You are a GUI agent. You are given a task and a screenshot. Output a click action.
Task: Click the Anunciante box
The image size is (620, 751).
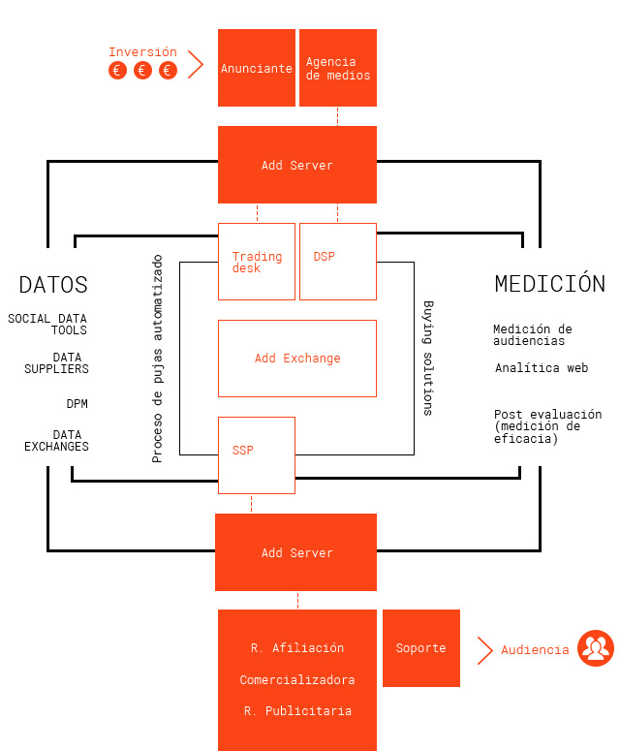257,68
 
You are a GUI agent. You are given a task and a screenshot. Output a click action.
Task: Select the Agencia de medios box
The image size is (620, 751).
338,68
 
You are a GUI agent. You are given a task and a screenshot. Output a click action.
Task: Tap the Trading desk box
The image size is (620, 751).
257,262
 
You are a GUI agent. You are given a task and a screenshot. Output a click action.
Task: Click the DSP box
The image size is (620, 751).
338,262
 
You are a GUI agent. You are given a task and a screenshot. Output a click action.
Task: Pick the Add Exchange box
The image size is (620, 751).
297,359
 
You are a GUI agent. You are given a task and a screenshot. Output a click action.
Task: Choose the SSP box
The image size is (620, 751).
257,455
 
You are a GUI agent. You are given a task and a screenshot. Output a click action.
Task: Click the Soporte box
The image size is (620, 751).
421,648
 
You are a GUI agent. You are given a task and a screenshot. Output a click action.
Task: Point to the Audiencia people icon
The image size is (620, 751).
596,648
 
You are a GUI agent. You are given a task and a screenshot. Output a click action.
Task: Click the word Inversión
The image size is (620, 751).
142,51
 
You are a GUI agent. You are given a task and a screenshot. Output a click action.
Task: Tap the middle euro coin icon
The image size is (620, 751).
142,71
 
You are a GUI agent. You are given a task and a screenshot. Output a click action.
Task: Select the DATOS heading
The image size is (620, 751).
53,285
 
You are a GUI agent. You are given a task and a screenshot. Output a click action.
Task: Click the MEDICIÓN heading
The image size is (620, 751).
550,284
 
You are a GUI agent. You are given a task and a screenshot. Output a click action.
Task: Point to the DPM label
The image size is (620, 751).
77,404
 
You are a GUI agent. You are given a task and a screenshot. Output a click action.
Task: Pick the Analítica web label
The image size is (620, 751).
542,368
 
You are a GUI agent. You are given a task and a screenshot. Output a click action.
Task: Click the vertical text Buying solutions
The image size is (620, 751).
428,359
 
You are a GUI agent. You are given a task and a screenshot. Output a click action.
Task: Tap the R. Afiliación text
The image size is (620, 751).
297,648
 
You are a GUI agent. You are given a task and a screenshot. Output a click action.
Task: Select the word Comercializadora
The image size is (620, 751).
297,679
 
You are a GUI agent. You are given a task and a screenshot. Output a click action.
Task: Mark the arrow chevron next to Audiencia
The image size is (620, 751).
484,650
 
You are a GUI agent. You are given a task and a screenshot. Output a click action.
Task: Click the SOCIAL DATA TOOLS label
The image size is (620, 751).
47,325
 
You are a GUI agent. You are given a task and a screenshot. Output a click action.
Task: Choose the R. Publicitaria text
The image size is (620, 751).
297,710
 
